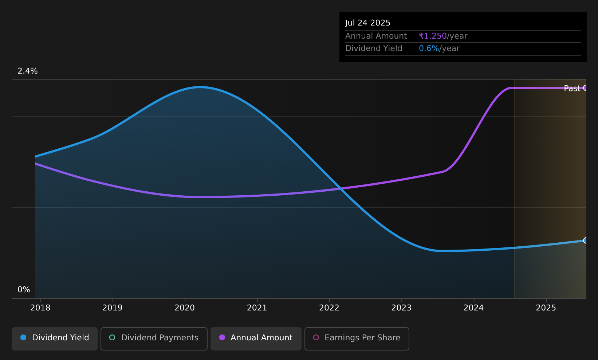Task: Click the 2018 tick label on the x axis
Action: tap(40, 308)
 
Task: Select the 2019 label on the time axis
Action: tap(113, 308)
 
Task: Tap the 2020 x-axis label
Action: tap(185, 308)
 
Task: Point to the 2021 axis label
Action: tap(257, 308)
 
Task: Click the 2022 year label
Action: tap(329, 308)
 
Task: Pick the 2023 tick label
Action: tap(401, 308)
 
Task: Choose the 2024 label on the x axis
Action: tap(473, 308)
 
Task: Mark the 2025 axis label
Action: tap(546, 308)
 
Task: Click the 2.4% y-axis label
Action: tap(28, 71)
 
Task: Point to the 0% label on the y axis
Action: tap(24, 290)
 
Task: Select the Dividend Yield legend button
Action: tap(55, 339)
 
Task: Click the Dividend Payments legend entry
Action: tap(154, 339)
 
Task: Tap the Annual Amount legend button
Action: tap(256, 339)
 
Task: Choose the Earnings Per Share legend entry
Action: tap(357, 339)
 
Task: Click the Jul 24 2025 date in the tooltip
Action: tap(367, 23)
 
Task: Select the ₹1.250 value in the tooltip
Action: tap(433, 36)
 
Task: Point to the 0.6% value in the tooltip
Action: tap(429, 48)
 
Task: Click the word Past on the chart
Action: tap(572, 89)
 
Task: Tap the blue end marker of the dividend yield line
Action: tap(585, 240)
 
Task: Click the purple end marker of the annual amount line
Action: tap(585, 87)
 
